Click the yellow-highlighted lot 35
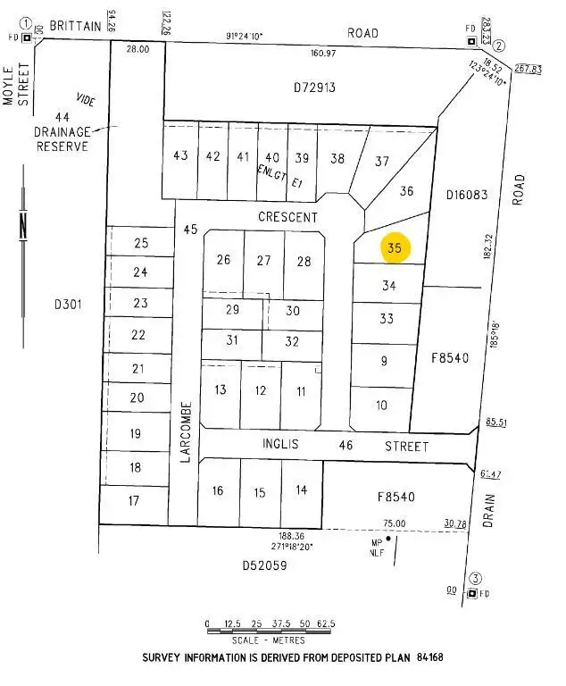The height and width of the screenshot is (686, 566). pos(395,248)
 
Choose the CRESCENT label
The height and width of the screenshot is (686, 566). pos(287,217)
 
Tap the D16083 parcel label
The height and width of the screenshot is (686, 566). pos(466,194)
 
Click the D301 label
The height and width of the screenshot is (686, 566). pos(68,304)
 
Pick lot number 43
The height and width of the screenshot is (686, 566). pos(180,155)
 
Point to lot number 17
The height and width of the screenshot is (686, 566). pos(134,500)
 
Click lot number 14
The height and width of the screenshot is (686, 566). pos(301,489)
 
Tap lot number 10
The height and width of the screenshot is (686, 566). pos(382,405)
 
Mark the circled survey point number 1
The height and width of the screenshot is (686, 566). pos(27,24)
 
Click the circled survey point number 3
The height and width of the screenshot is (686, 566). pos(476,577)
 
